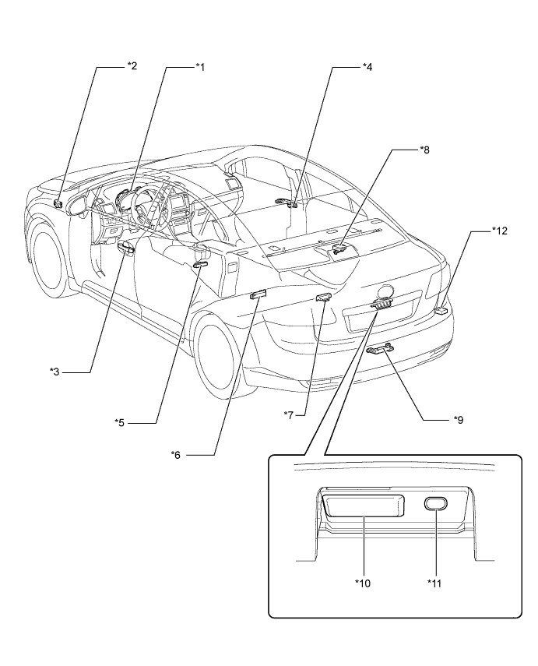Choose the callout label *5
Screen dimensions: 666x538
click(119, 423)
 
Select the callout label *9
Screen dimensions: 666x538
click(459, 419)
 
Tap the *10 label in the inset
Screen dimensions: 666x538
click(360, 581)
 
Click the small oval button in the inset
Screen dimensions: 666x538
click(436, 505)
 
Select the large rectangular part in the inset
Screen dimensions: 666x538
click(364, 507)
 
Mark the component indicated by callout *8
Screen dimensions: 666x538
click(340, 249)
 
